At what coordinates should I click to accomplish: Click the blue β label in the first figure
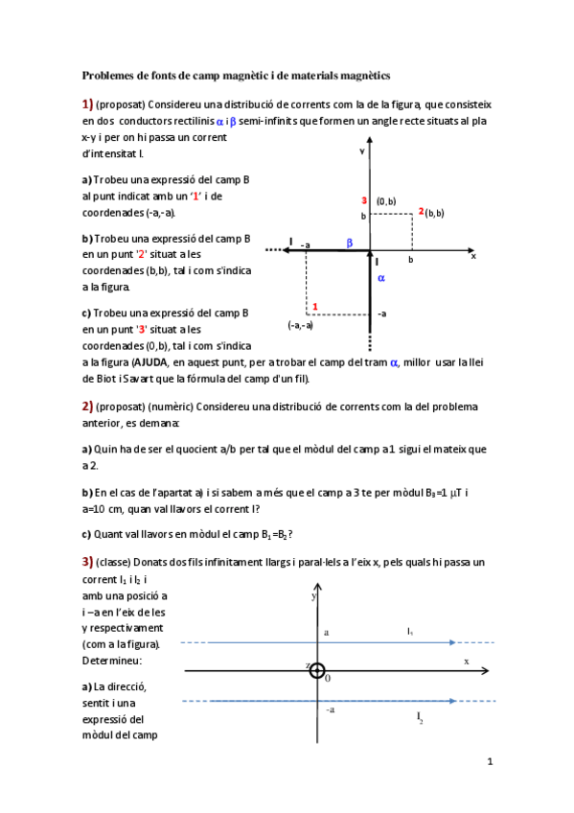[350, 244]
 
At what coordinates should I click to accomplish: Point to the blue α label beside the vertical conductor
[380, 278]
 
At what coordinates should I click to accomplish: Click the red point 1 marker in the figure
[315, 306]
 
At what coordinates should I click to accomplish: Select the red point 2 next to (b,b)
[420, 211]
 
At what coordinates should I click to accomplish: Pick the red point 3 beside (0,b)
[364, 200]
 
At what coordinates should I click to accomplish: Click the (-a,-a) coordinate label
[300, 325]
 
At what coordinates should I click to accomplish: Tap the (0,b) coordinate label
[386, 201]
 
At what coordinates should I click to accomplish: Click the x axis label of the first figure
[472, 256]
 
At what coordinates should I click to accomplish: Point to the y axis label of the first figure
[362, 151]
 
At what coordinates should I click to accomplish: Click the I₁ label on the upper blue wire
[410, 632]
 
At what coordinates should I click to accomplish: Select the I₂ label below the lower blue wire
[420, 716]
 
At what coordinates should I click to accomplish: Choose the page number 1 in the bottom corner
[490, 762]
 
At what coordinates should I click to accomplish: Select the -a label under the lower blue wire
[330, 710]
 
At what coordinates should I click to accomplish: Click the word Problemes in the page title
[108, 74]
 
